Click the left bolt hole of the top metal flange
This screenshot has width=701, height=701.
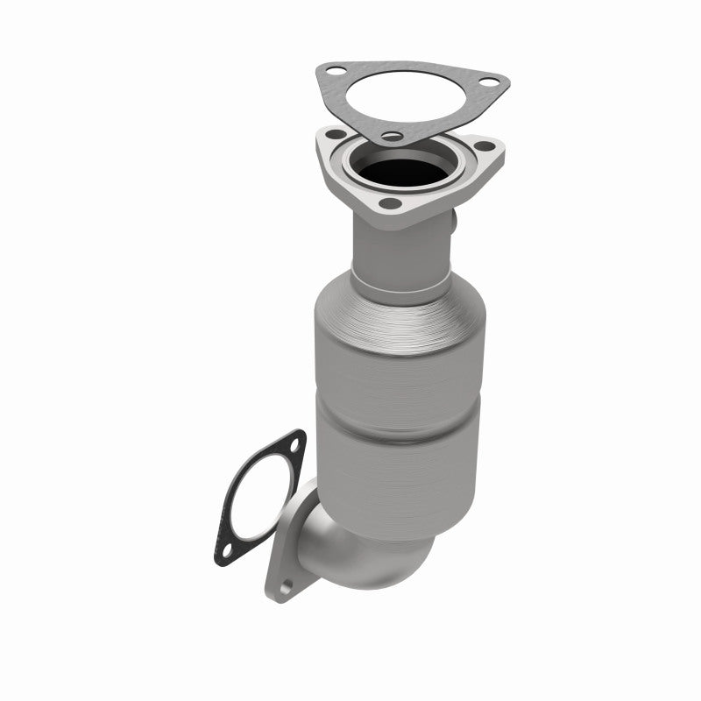click(334, 136)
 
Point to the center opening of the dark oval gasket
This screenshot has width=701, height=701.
click(258, 498)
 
